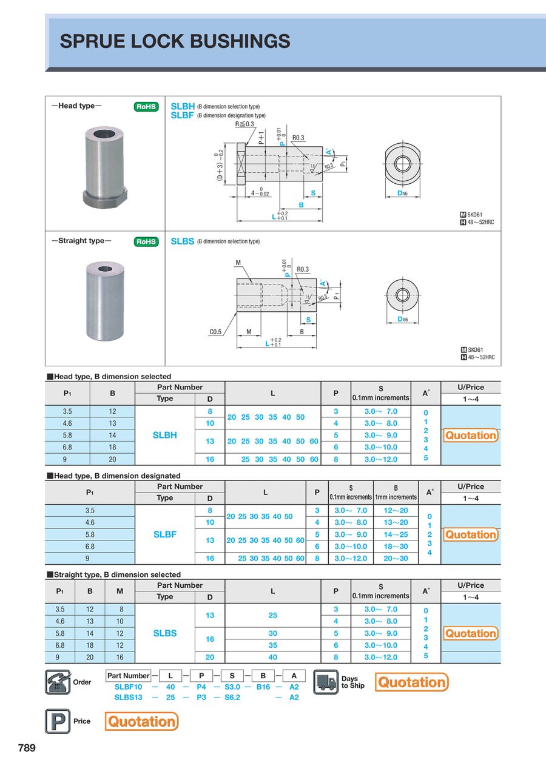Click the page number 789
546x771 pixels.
[27, 747]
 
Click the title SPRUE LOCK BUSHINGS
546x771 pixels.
[175, 41]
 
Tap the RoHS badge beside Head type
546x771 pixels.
[146, 107]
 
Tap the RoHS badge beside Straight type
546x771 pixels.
[146, 241]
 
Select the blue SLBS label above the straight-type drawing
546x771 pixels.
[183, 241]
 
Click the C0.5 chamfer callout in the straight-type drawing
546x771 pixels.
[215, 332]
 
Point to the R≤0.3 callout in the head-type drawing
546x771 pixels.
[244, 124]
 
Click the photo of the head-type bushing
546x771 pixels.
[105, 167]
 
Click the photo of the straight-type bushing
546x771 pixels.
[105, 301]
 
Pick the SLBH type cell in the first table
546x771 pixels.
[165, 435]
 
